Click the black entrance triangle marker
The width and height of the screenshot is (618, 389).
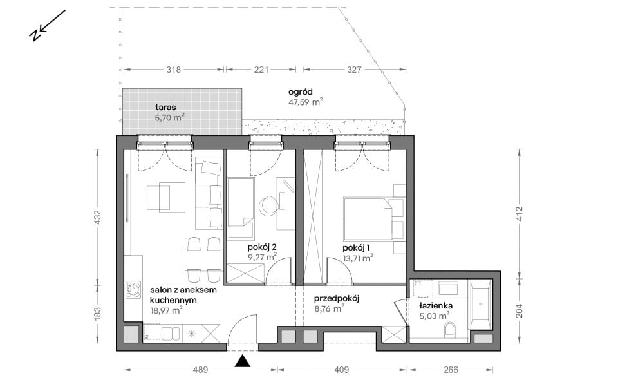(243, 361)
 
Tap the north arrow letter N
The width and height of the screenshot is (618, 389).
(35, 35)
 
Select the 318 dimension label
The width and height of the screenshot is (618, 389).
(173, 70)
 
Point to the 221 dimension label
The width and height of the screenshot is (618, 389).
(261, 70)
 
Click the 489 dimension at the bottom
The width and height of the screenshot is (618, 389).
(200, 370)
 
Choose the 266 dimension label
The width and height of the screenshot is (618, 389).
(451, 370)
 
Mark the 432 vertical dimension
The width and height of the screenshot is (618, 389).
(98, 218)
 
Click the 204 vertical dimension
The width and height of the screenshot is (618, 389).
(519, 310)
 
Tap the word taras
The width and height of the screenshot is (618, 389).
(165, 107)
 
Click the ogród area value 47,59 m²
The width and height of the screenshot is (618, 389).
(305, 102)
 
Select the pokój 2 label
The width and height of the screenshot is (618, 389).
(262, 247)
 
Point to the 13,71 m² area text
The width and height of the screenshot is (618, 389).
(358, 258)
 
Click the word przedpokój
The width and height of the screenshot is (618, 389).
(337, 299)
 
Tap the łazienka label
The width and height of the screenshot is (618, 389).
(436, 306)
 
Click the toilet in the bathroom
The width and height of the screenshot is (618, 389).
(450, 330)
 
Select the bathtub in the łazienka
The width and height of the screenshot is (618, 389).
(480, 304)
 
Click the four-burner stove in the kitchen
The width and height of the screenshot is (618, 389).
(133, 290)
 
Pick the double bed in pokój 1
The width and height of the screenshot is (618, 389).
(368, 219)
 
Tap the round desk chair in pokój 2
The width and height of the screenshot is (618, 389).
(269, 205)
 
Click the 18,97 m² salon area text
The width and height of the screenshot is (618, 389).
(166, 310)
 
